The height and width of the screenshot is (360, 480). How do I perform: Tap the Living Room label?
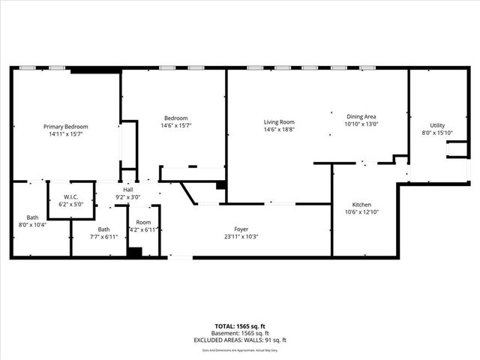pos(278,122)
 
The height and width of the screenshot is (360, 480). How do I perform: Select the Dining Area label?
pos(361,117)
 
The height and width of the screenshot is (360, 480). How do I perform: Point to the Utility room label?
pos(437,125)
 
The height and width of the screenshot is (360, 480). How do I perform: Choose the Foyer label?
pos(241,229)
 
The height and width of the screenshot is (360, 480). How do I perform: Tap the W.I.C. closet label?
pos(71,197)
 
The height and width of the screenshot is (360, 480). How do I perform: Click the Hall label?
pos(128,190)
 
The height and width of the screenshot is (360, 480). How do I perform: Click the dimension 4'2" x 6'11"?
pos(143,229)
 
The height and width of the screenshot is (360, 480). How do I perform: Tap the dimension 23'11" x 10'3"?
pos(241,237)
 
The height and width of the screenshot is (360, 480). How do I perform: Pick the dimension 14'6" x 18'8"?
pos(278,130)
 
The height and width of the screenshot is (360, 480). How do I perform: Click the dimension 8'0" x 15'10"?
pos(437,133)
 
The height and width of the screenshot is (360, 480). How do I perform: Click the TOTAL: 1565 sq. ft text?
pos(239,326)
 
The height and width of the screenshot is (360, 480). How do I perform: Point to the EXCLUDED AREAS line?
pos(239,340)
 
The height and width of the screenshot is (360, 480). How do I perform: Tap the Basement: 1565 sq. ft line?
pos(239,333)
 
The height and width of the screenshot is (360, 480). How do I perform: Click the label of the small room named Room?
pos(143,223)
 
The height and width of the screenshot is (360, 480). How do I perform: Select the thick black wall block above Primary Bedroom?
pos(95,70)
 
